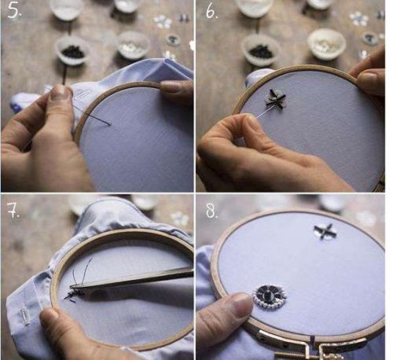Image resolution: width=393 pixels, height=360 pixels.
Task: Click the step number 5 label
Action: point(14,10)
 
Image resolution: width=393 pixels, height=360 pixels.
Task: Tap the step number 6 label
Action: point(211,12)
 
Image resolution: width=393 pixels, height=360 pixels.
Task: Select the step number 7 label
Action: point(13,211)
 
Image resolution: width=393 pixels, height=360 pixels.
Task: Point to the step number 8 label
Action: point(211,211)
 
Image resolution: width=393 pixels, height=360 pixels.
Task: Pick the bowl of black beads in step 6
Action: point(261,49)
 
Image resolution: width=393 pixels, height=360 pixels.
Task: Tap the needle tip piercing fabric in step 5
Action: point(111,124)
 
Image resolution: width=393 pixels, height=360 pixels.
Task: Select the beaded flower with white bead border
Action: point(269,297)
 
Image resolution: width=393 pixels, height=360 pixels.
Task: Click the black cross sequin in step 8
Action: point(325,231)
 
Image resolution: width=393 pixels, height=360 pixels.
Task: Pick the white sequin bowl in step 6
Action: point(326,42)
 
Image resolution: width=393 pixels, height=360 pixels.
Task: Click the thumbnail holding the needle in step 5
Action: point(61,93)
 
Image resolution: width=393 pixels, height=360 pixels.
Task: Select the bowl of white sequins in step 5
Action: point(134,45)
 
